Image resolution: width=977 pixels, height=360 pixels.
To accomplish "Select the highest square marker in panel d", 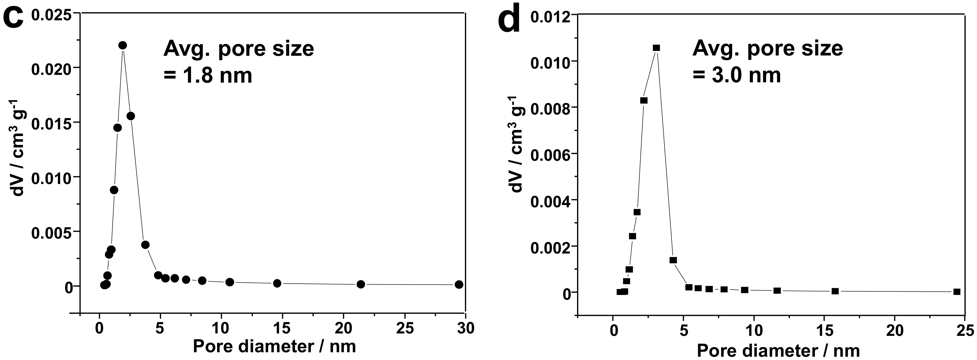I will pos(656,48).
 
